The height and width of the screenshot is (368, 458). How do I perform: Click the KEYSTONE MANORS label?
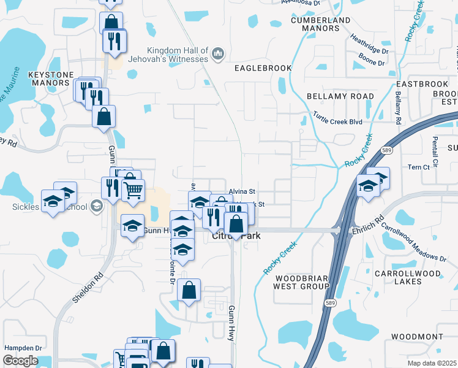click(51, 78)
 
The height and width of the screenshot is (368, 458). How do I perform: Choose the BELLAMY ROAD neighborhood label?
click(340, 96)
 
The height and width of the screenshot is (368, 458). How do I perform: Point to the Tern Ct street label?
click(417, 167)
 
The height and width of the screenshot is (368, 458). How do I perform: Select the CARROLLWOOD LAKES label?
click(416, 277)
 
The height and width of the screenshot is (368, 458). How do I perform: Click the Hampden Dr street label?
click(23, 348)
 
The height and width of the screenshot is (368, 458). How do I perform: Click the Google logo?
click(20, 361)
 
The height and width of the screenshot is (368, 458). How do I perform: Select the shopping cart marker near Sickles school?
click(133, 190)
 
